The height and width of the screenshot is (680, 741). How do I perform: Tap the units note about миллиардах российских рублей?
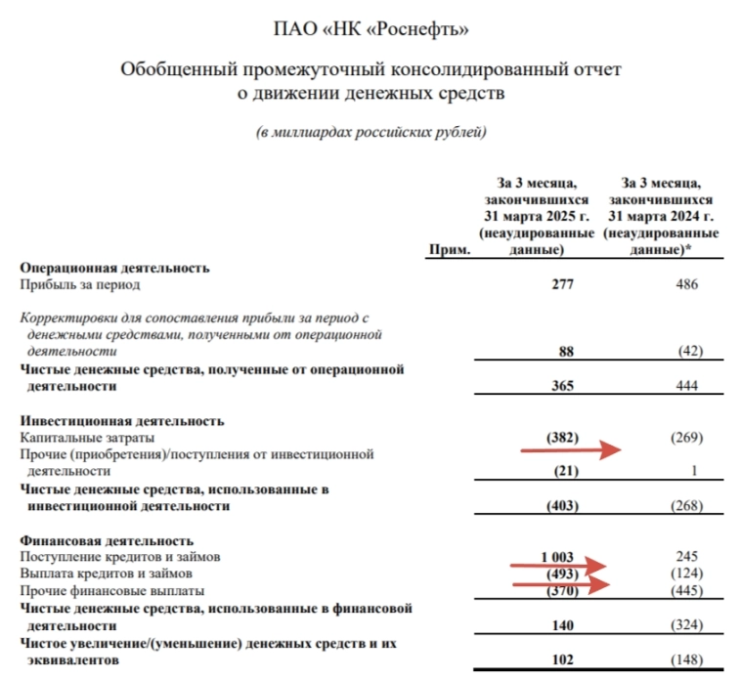coord(370,132)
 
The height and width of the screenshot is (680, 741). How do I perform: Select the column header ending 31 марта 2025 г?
coord(537,216)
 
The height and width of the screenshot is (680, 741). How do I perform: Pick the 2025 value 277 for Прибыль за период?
coord(562,285)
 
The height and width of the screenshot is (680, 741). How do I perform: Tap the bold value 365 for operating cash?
coord(562,386)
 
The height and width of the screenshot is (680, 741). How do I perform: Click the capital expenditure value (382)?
coord(561,438)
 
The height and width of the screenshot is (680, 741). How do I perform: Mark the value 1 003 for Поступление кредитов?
coord(558,557)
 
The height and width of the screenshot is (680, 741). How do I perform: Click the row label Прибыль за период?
coord(80,285)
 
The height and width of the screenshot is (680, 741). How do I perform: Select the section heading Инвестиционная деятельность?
coord(122,421)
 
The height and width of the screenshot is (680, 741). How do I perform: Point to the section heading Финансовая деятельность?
coord(108,540)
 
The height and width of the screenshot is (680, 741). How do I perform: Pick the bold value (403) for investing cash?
coord(561,506)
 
